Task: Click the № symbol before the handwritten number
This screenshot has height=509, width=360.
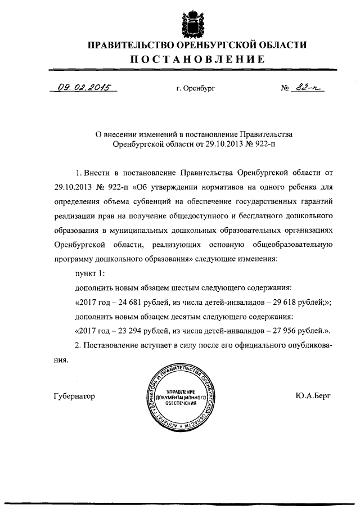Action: tap(285, 88)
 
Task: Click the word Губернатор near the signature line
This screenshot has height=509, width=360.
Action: tap(74, 396)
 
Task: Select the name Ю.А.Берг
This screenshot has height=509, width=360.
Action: tap(312, 396)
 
